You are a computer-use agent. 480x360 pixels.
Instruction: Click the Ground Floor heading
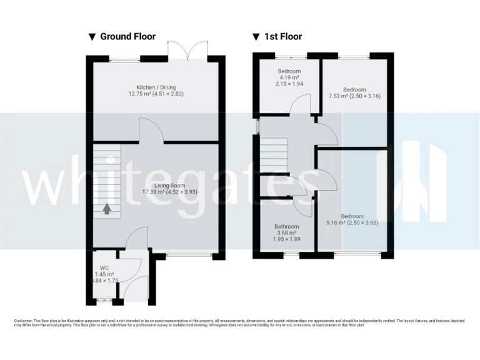pos(127,37)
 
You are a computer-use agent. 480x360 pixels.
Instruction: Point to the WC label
pos(104,267)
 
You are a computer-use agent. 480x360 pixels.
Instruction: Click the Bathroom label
pos(286,226)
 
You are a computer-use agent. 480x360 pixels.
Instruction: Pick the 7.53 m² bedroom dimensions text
pos(354,96)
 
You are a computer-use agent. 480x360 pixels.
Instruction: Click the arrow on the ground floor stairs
pos(107,209)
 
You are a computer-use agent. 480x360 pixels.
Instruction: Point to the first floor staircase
pos(272,152)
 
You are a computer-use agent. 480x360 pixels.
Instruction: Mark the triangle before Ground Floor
pos(92,37)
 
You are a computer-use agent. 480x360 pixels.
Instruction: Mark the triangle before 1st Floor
pos(256,37)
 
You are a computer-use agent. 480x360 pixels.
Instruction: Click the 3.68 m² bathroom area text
pos(286,232)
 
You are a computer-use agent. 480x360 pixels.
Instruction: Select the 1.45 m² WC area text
pos(104,274)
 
